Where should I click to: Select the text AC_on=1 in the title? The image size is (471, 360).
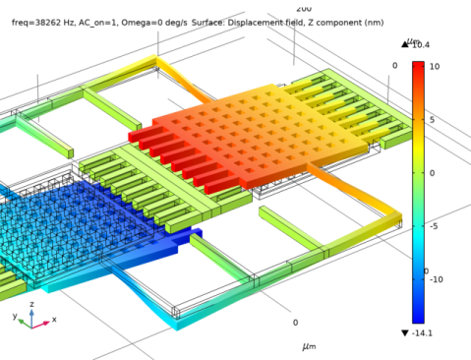tap(91, 22)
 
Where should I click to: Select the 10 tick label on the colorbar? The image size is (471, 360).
tap(434, 66)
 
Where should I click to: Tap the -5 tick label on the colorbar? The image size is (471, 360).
tap(434, 225)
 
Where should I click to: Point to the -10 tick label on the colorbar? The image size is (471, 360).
tap(436, 279)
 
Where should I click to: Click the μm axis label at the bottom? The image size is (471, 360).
tap(309, 346)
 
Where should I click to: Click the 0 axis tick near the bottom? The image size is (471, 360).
tap(295, 322)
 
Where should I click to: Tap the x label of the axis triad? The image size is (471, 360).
tap(53, 320)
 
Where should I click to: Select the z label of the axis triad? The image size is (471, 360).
tap(32, 305)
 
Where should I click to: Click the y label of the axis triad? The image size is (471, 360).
tap(15, 317)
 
